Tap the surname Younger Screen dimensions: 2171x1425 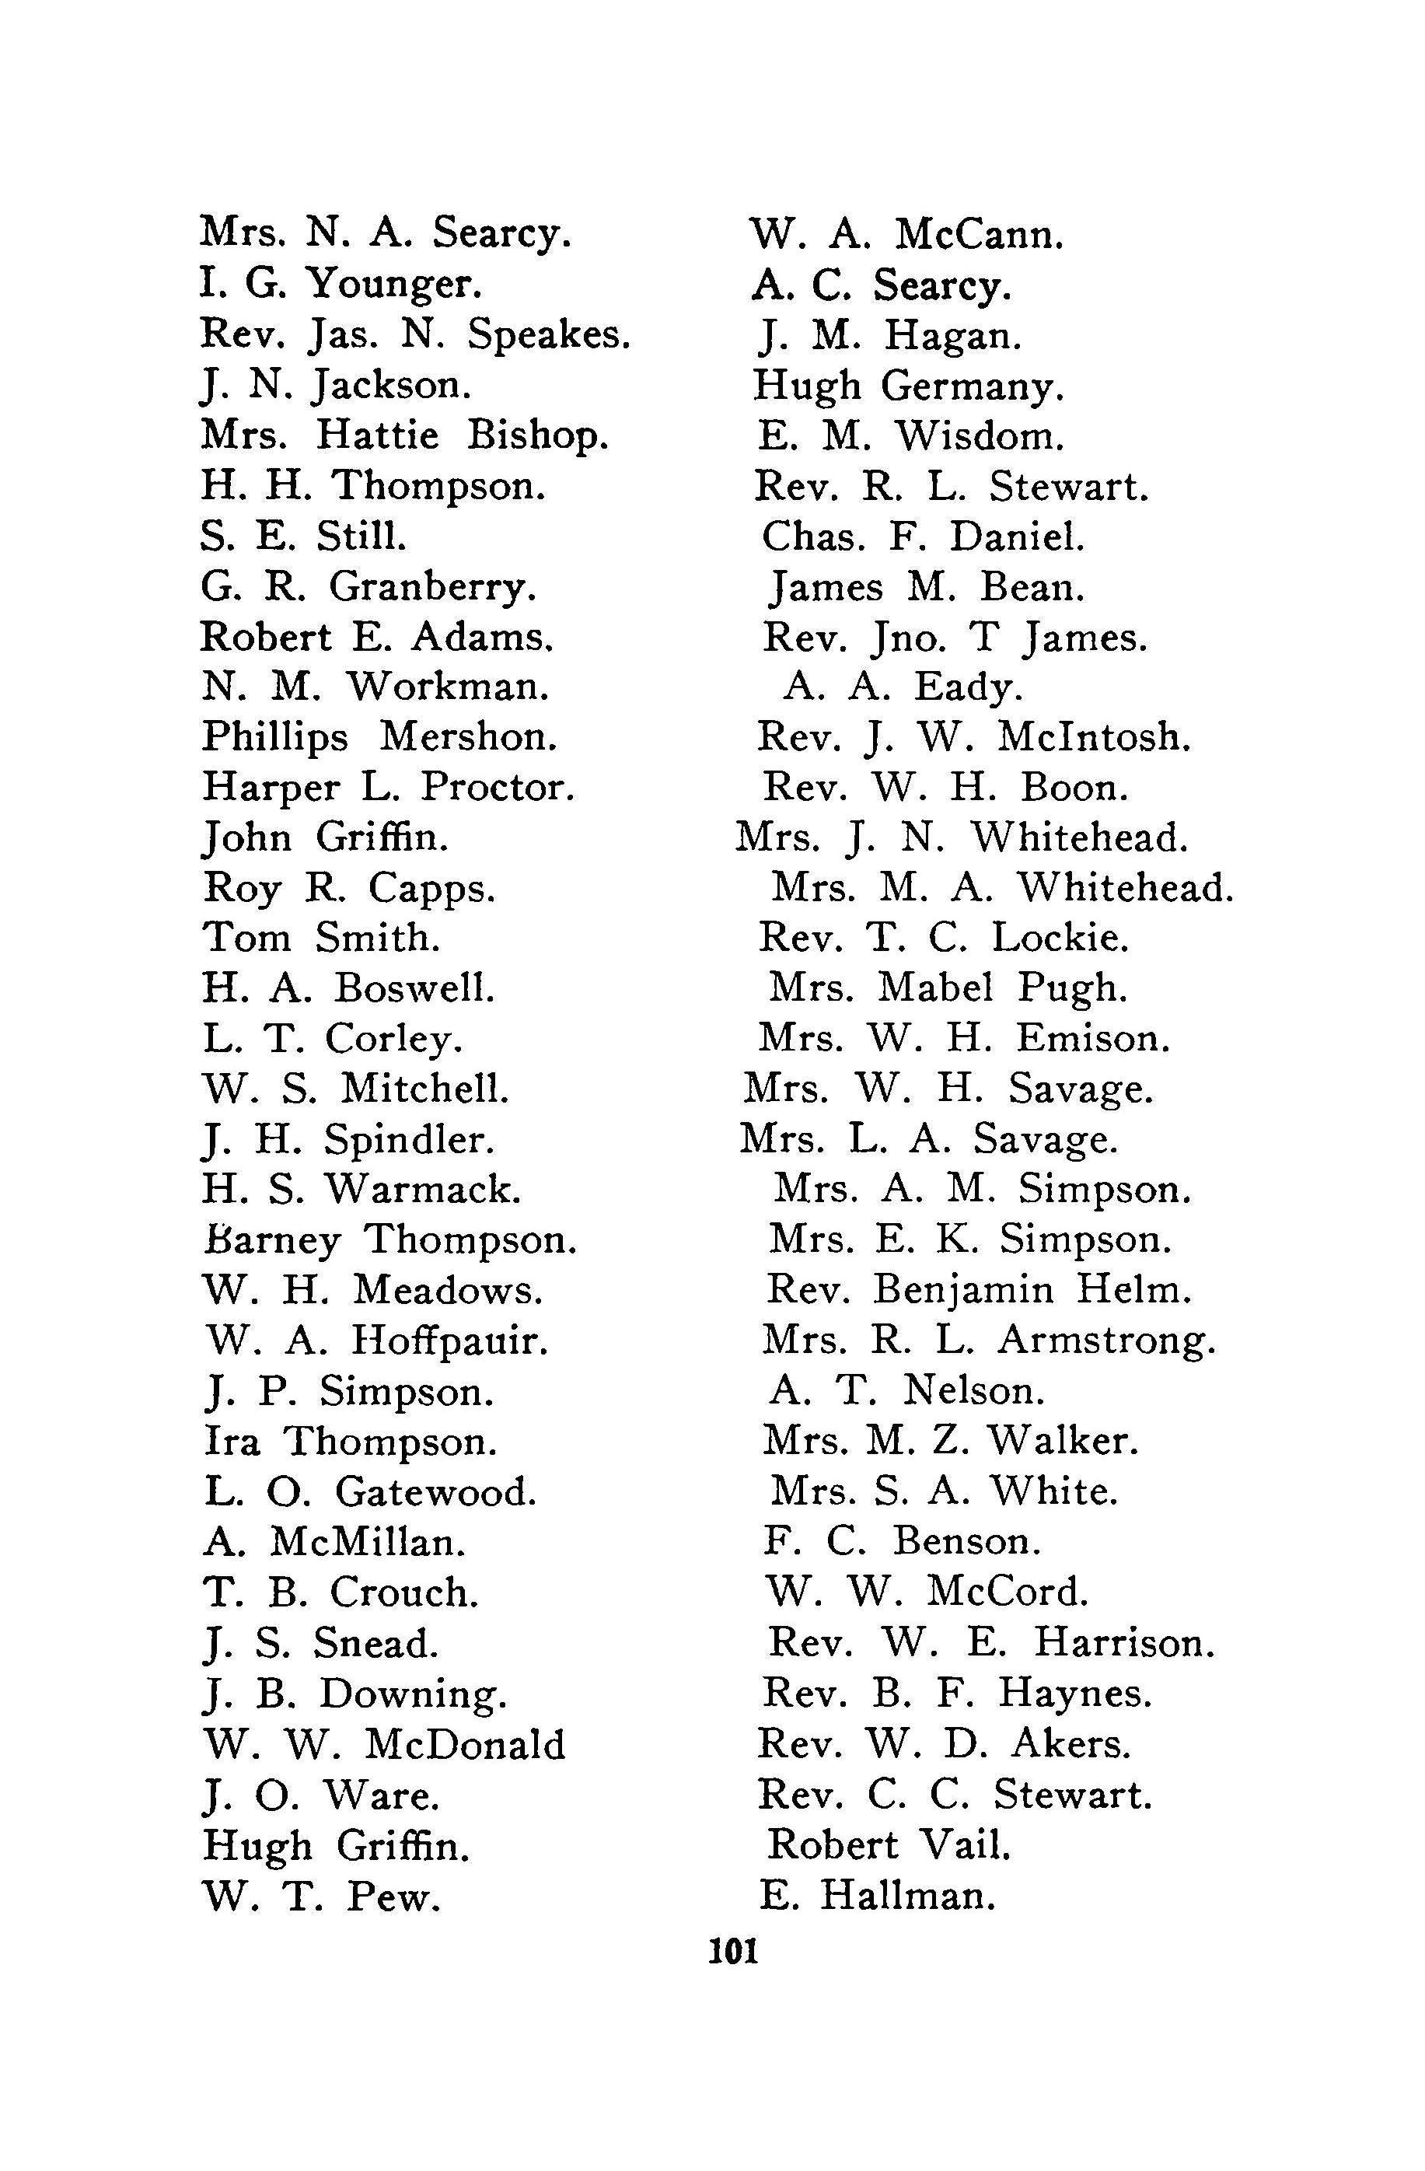click(393, 285)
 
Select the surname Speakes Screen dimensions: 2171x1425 click(549, 336)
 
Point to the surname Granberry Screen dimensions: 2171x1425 click(432, 586)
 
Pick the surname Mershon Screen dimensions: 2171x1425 click(468, 737)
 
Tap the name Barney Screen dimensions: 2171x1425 click(273, 1240)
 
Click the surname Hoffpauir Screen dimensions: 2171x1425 click(450, 1341)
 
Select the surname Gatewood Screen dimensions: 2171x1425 click(436, 1491)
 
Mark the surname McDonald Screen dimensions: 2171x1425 click(465, 1744)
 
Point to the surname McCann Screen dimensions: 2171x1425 click(980, 236)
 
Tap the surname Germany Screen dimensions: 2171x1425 click(972, 386)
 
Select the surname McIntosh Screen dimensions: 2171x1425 click(1094, 737)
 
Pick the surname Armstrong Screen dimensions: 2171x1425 click(1107, 1341)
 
